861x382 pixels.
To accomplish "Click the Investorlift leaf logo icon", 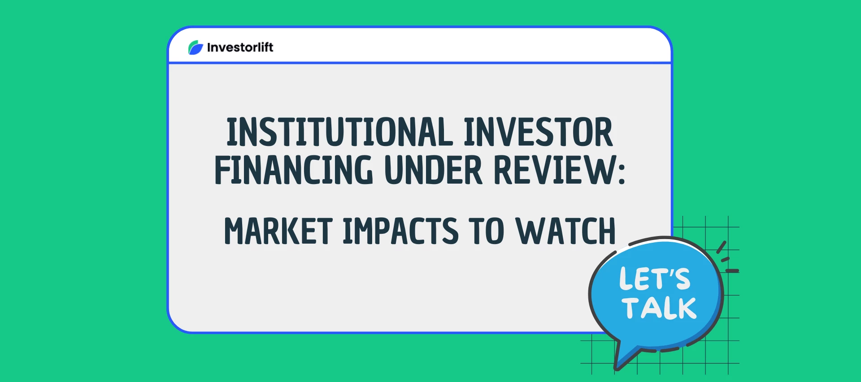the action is coord(196,47).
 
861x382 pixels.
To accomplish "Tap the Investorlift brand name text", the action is coord(240,47).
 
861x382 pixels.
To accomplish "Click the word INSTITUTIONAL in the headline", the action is coord(339,132).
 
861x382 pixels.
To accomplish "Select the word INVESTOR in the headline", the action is coord(538,132).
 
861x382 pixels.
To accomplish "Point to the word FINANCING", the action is coord(294,170).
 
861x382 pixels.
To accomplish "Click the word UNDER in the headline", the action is coord(434,170).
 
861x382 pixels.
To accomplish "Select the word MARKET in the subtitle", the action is coord(278,231).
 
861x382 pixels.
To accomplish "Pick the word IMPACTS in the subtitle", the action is coord(400,231).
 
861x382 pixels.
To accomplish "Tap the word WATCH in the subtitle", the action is coord(566,231).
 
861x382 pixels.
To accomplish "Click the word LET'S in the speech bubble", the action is coord(655,279).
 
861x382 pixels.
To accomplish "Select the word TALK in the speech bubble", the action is coord(659,308).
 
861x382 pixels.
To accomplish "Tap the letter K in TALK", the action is coord(685,308).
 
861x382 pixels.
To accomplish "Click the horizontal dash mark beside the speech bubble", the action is coord(732,271).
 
